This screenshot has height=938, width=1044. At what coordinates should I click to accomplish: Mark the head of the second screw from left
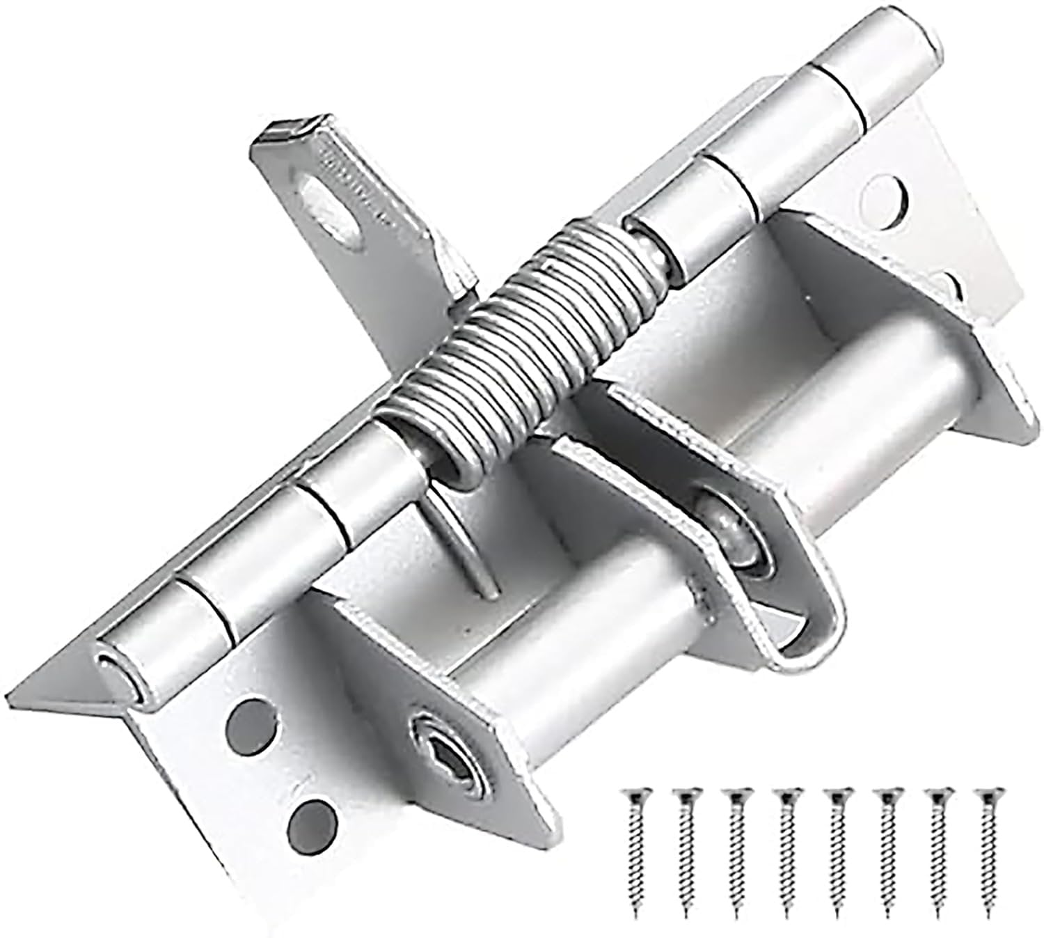[x=685, y=796]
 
